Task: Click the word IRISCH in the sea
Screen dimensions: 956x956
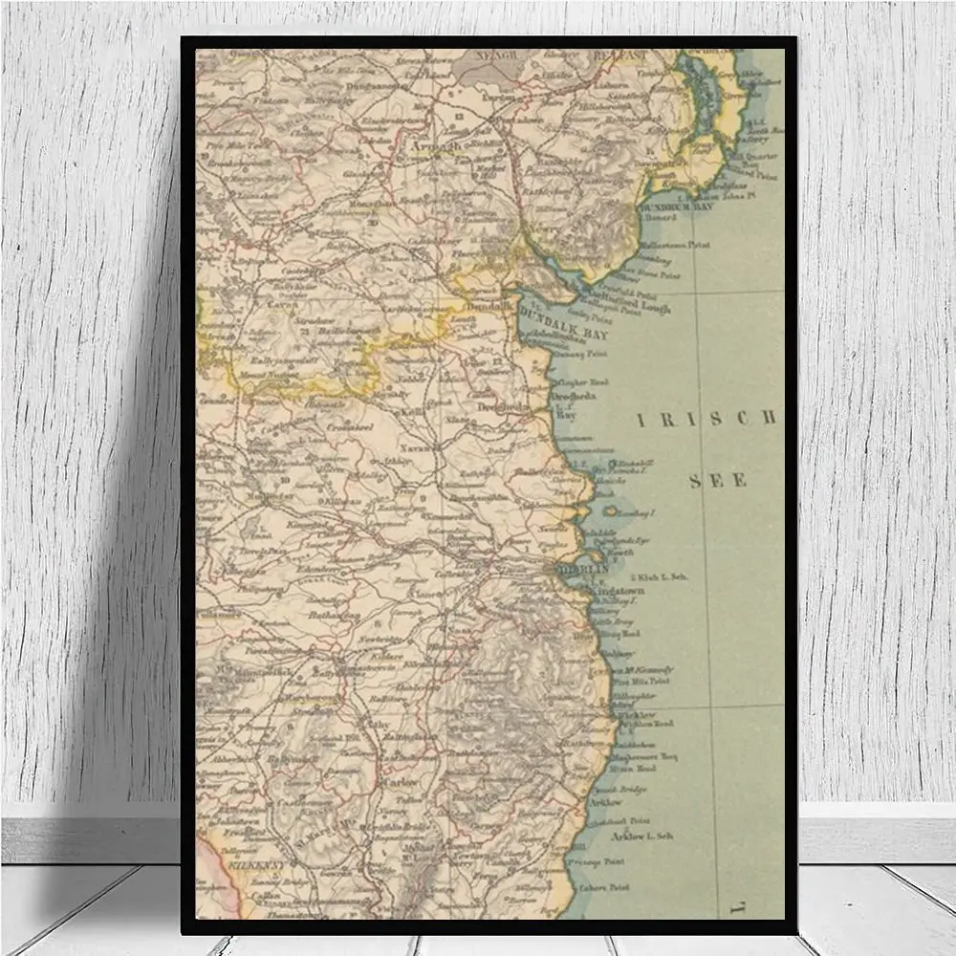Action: coord(706,418)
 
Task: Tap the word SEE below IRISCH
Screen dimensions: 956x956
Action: coord(718,481)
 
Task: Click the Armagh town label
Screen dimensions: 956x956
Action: coord(435,146)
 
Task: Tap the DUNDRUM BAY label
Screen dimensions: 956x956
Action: coord(675,206)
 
